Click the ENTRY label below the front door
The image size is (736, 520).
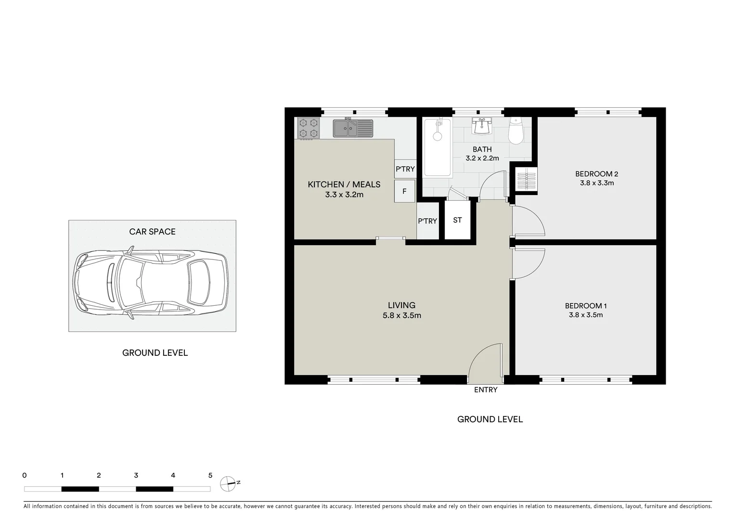pos(485,390)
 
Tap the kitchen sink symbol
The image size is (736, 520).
pos(353,128)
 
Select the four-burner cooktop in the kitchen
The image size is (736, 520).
pos(308,128)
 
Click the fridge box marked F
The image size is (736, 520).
pos(404,191)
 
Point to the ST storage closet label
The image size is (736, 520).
pos(457,220)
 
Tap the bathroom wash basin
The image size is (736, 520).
pos(481,126)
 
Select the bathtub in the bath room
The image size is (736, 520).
pos(437,147)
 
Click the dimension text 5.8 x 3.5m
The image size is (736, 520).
pos(402,316)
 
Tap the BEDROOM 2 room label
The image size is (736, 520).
pos(596,174)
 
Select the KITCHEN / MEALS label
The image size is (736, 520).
pos(344,184)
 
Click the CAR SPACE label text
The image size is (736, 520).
pos(152,232)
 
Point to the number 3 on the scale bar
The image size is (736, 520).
pos(136,476)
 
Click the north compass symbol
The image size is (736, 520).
pos(228,483)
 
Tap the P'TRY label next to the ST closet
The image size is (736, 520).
pos(427,221)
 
